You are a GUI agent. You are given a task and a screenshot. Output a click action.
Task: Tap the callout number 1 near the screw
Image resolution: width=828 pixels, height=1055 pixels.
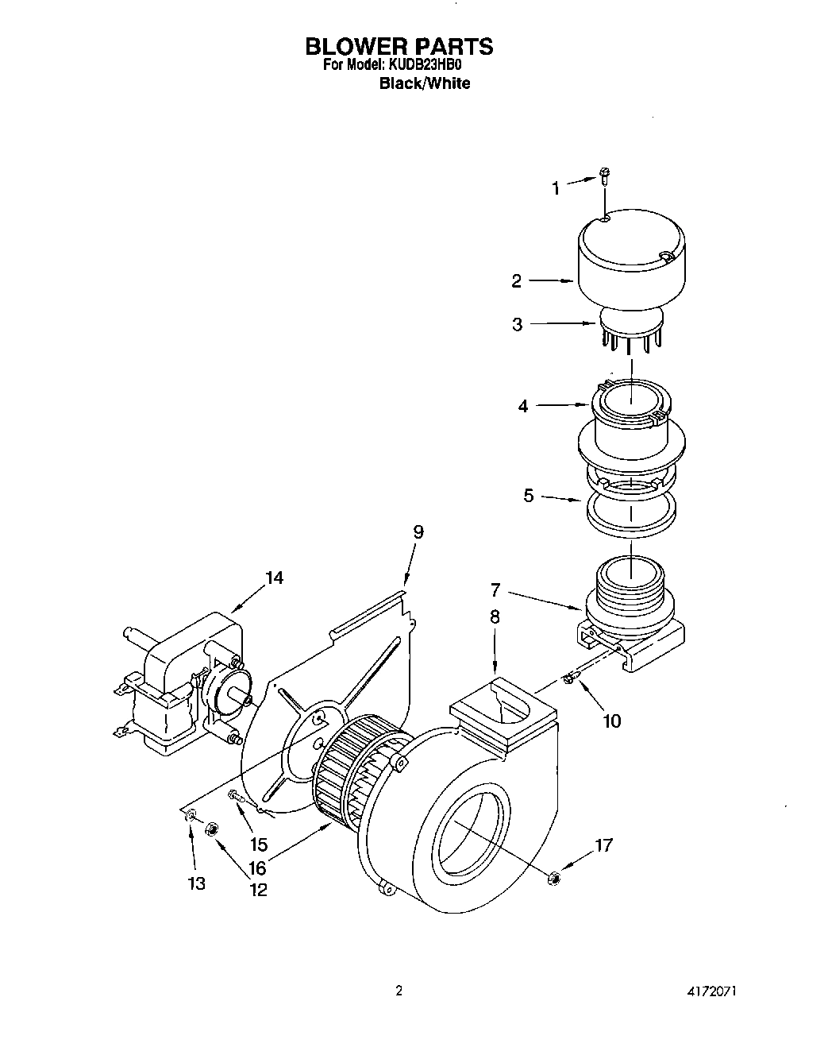pos(556,188)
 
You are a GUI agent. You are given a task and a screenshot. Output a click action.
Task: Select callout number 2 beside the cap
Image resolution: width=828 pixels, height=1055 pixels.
pos(517,280)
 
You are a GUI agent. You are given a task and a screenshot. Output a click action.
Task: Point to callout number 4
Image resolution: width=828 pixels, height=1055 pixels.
pos(523,406)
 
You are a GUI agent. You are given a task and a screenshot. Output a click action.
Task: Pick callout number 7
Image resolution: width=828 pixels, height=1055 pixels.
pos(495,589)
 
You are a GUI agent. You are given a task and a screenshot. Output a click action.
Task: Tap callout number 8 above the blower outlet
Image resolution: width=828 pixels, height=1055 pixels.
pos(495,616)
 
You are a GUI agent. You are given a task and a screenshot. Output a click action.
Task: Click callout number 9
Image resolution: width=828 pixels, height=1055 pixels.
pos(418,531)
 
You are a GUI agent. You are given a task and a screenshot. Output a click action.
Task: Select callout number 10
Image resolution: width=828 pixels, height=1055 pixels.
pos(612,721)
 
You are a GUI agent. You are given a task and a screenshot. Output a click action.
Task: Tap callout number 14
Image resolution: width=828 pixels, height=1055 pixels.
pos(273,578)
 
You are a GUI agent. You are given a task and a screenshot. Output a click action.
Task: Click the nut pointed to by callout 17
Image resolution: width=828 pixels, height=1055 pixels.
pos(554,877)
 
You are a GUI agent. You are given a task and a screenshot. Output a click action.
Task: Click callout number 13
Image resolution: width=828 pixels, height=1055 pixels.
pos(196,883)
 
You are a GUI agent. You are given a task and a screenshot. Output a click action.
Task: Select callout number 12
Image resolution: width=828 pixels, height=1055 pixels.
pos(258,890)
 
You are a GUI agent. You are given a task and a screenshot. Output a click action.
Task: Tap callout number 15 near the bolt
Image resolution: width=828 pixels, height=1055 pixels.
pos(258,844)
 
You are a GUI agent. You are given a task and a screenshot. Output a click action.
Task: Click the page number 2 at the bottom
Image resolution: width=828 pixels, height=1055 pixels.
pos(399,991)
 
